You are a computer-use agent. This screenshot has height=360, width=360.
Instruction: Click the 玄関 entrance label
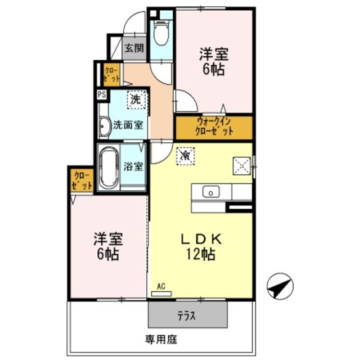[x=133, y=48]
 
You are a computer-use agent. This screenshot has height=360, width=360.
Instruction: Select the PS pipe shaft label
[x=102, y=95]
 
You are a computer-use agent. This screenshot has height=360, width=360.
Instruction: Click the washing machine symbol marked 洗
[x=136, y=100]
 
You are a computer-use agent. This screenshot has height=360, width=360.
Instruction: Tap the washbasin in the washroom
[x=105, y=127]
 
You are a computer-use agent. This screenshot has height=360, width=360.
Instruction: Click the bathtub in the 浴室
[x=109, y=168]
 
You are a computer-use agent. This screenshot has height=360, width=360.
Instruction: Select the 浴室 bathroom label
[x=134, y=166]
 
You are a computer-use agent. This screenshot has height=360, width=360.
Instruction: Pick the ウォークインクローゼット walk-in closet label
[x=214, y=128]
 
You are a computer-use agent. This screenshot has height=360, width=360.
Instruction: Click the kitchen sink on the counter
[x=211, y=192]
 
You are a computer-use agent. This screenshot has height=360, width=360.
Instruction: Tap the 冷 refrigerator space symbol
[x=184, y=155]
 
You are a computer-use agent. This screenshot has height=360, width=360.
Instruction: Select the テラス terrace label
[x=187, y=316]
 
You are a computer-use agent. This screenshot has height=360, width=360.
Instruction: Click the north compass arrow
[x=280, y=288]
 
